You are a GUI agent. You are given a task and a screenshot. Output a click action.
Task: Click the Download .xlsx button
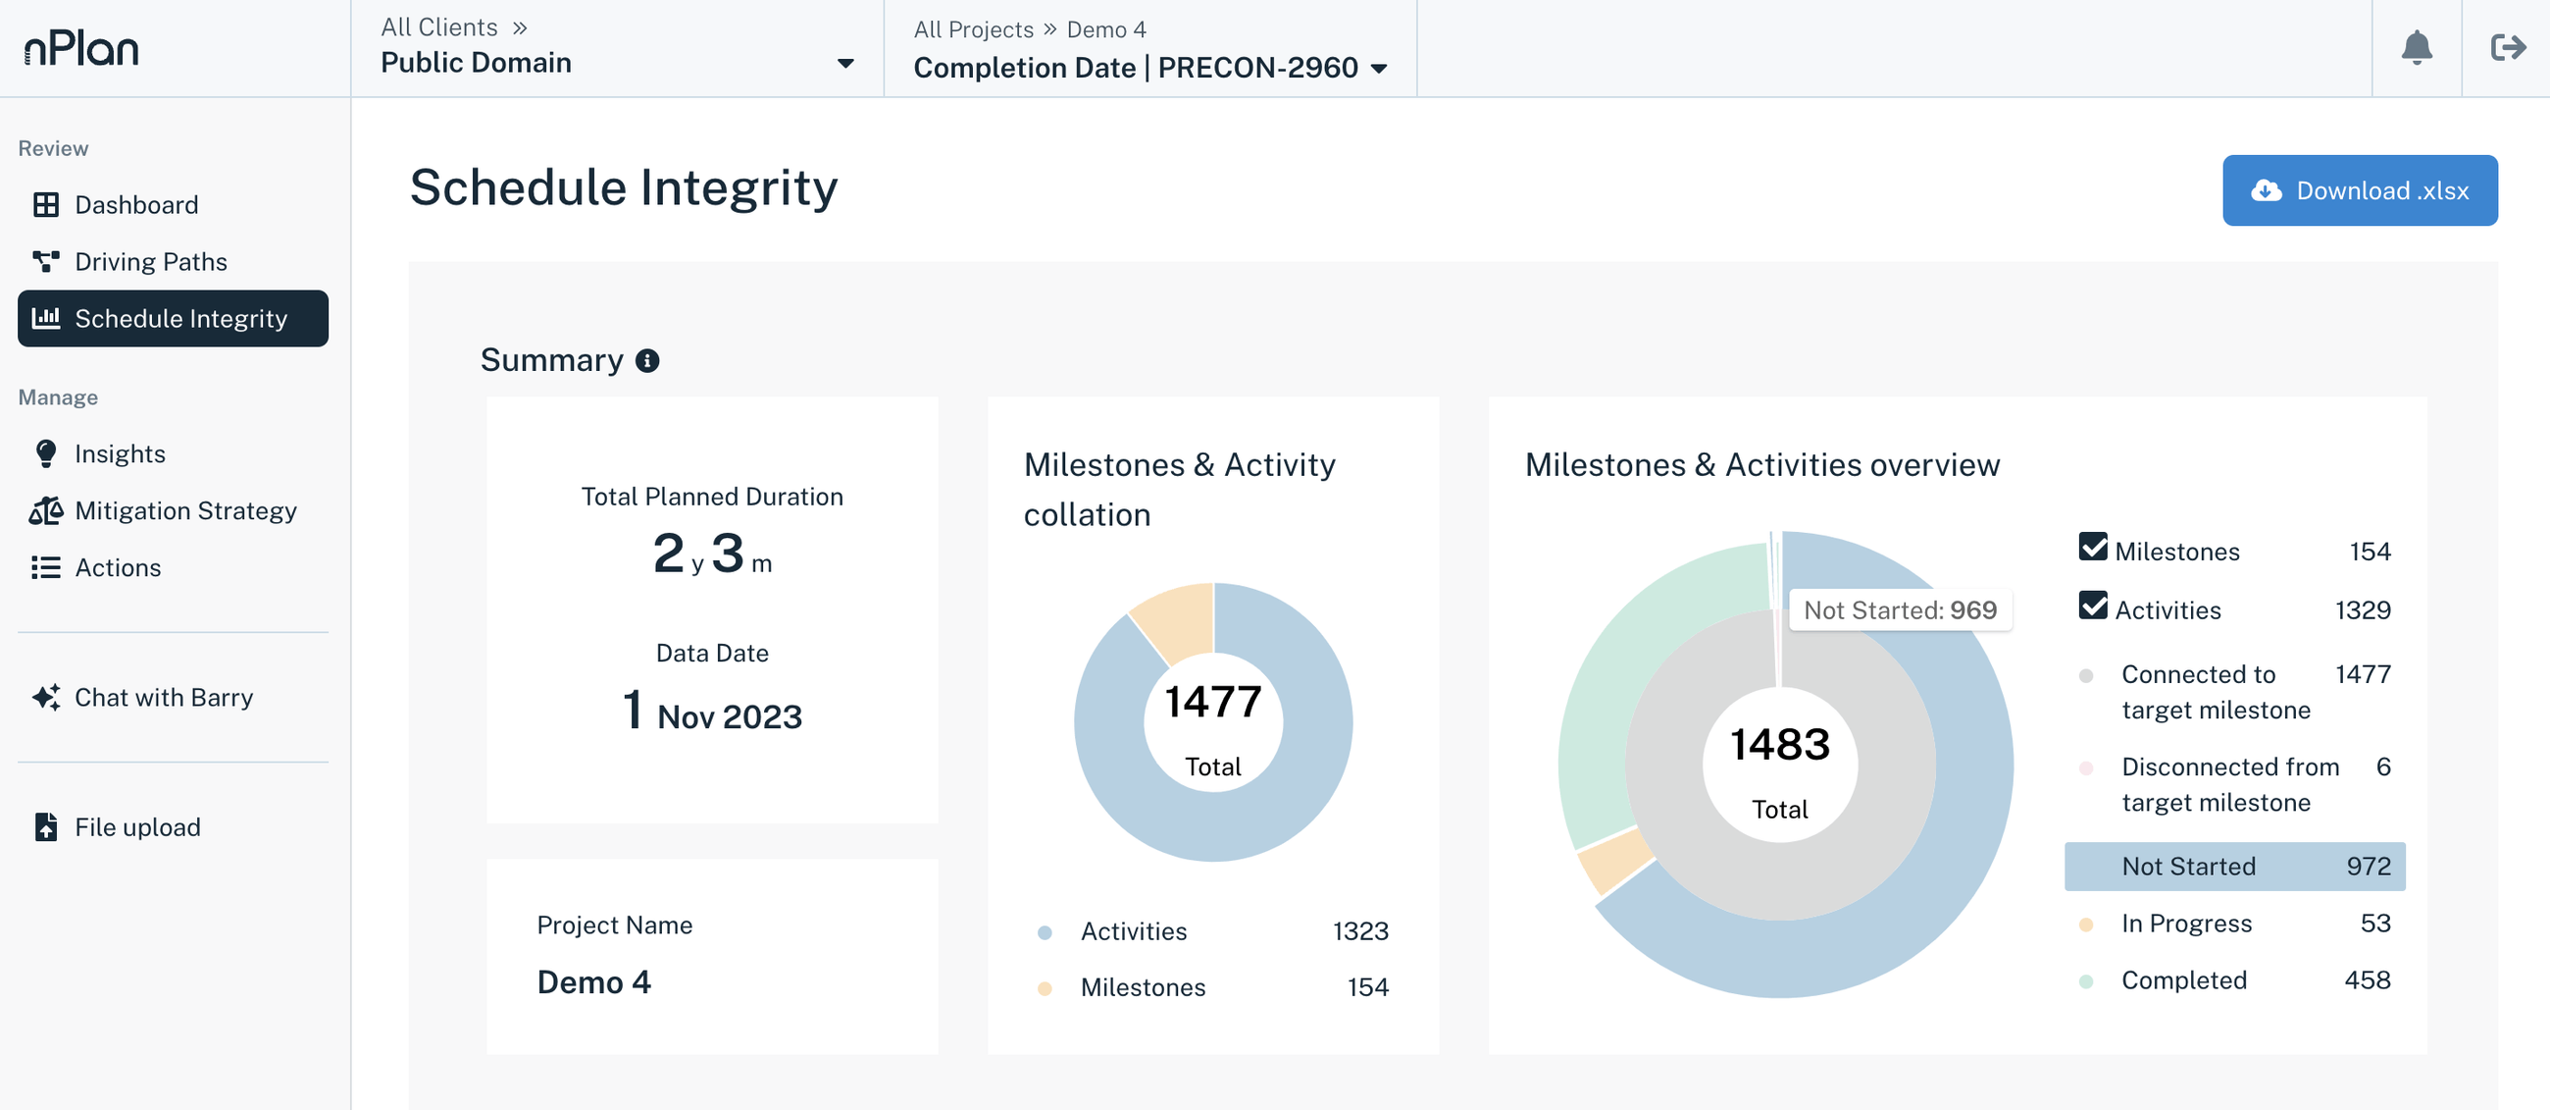[x=2359, y=190]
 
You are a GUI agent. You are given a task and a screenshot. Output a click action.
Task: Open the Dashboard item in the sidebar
[x=135, y=205]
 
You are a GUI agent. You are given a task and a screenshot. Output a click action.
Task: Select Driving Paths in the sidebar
[x=150, y=261]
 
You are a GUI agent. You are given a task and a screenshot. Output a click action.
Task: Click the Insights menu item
[x=119, y=453]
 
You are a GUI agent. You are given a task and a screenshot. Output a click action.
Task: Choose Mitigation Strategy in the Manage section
[x=185, y=511]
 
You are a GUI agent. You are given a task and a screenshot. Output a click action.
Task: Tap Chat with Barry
[x=164, y=697]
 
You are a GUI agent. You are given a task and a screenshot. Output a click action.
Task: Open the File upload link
[x=136, y=826]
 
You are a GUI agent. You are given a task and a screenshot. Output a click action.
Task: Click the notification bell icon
[x=2417, y=47]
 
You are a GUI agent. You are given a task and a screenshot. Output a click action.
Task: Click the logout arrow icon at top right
[x=2507, y=47]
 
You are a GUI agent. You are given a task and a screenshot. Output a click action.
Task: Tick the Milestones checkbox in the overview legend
[x=2093, y=548]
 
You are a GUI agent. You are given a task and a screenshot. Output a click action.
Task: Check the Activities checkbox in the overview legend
[x=2093, y=606]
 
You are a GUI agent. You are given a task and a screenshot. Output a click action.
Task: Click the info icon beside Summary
[x=647, y=360]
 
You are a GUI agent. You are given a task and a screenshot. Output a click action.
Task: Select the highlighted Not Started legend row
[x=2234, y=867]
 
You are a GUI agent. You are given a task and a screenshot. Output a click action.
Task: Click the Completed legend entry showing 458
[x=2234, y=980]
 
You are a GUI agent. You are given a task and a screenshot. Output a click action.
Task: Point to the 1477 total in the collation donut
[x=1212, y=703]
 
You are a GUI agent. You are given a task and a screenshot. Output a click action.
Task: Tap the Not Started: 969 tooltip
[x=1899, y=609]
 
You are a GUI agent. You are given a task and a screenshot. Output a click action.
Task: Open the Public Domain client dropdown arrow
[x=845, y=64]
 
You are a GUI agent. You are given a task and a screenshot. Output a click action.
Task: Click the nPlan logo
[x=81, y=47]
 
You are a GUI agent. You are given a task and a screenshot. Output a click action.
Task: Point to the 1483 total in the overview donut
[x=1779, y=745]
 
